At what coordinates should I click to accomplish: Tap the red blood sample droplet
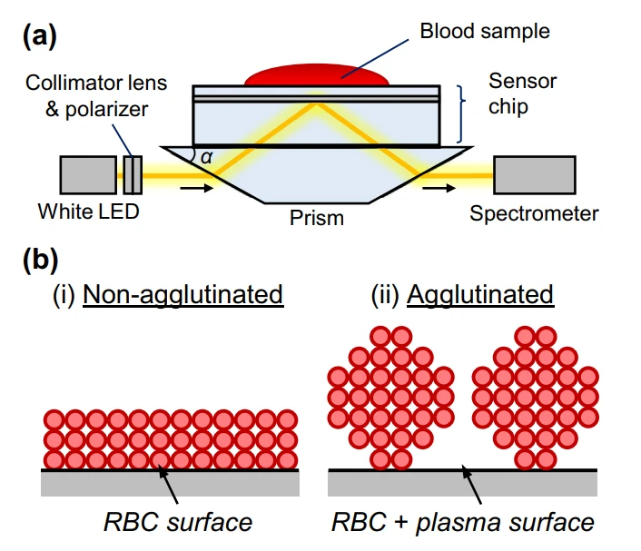point(317,76)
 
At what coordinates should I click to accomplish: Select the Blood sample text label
point(485,31)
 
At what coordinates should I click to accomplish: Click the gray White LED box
point(87,174)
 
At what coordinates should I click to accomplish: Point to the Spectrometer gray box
point(534,174)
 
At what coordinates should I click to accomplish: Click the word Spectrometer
point(534,214)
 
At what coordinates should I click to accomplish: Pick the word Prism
point(317,219)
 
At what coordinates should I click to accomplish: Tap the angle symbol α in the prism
point(207,157)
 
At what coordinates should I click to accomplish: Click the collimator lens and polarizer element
point(133,174)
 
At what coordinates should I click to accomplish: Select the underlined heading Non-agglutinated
point(182,295)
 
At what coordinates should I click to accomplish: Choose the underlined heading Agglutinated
point(480,295)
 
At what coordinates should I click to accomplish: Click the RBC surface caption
point(177,522)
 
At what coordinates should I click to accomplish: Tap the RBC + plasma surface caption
point(463,522)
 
